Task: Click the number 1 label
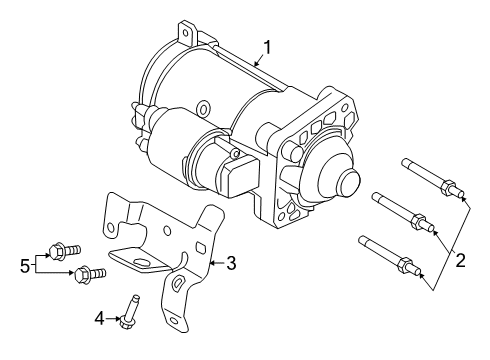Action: [267, 46]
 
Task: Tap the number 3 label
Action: [230, 263]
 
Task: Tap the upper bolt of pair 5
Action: [63, 251]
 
